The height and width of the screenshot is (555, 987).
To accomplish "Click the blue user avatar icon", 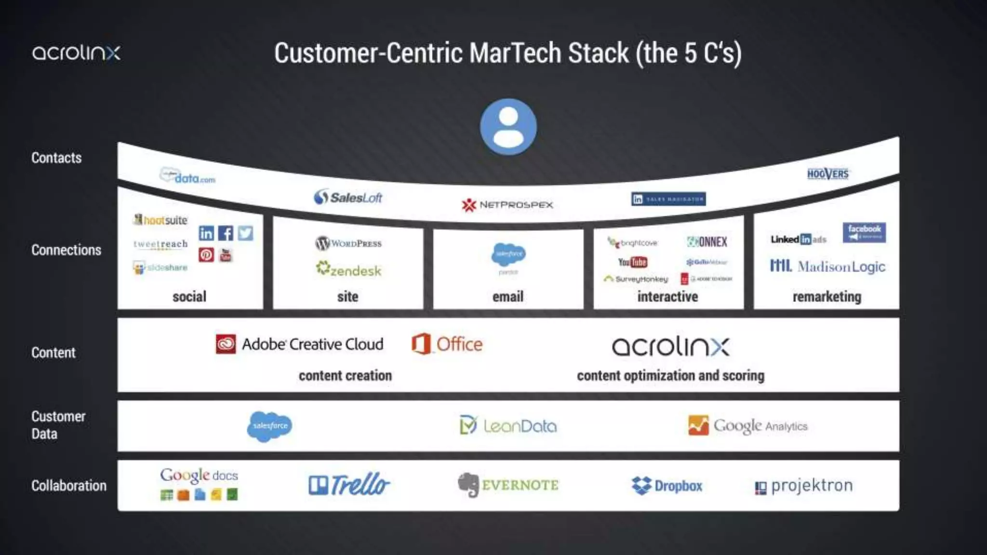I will (x=508, y=127).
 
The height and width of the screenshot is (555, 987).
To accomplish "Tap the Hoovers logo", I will (x=827, y=174).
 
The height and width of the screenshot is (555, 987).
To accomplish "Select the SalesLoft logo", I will (x=348, y=197).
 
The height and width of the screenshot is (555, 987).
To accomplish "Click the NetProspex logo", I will (x=507, y=205).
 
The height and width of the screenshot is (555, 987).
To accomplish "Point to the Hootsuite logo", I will (x=160, y=220).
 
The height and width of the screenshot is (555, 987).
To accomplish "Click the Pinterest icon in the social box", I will (x=206, y=254).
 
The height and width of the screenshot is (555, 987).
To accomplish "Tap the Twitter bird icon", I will (x=245, y=233).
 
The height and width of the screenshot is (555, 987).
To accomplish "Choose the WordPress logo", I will (x=348, y=243).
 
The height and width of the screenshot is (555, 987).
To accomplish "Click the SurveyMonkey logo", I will (x=636, y=279).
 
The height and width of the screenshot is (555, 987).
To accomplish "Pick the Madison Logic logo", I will (x=827, y=266).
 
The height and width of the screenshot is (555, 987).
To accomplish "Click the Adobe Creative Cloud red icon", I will (x=226, y=344).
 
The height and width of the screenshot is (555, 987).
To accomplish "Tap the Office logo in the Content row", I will (x=447, y=344).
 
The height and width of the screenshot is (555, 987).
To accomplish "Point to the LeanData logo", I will (x=508, y=426).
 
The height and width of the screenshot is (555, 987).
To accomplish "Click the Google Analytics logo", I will (x=747, y=426).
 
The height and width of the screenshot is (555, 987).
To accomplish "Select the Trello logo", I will (x=349, y=485).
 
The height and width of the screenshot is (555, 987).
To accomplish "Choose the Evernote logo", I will (x=508, y=485).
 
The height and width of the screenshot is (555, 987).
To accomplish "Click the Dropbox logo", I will (x=667, y=486).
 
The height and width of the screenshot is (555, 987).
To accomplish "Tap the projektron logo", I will (x=804, y=486).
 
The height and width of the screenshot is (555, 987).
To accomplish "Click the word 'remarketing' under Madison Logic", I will (x=827, y=297).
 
